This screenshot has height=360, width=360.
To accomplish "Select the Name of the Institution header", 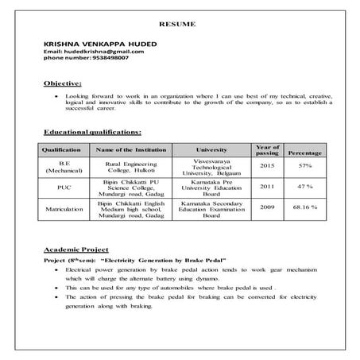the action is [127, 149].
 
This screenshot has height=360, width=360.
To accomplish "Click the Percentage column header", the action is [304, 151].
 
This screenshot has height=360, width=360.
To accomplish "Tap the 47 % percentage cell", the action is [304, 187].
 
